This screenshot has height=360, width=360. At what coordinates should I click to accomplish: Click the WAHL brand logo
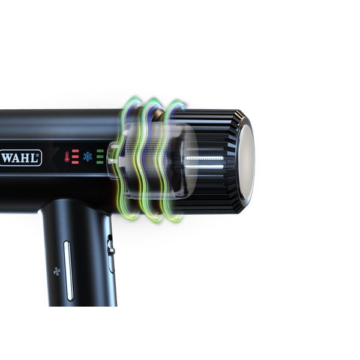pos(20,158)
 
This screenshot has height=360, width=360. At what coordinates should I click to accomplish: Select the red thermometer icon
pos(67,157)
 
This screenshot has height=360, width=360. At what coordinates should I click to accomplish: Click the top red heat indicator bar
pos(76,151)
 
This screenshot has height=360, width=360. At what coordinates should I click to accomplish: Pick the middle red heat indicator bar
pos(76,157)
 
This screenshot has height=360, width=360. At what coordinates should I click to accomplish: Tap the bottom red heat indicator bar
pos(76,163)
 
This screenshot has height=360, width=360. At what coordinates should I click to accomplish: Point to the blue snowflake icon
pos(88,157)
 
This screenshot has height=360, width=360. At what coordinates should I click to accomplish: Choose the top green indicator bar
pos(100,151)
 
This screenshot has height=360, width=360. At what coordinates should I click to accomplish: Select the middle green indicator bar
pos(100,157)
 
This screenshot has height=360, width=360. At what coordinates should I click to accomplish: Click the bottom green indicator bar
pos(100,163)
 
